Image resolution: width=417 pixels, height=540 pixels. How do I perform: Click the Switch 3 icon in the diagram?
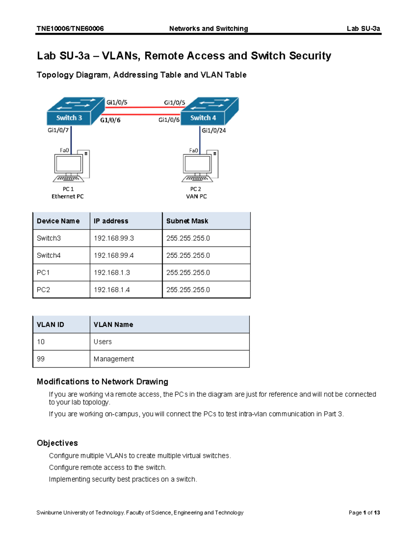point(75,111)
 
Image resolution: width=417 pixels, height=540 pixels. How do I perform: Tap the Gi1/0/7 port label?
point(58,130)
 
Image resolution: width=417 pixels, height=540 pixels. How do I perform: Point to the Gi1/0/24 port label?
point(214,130)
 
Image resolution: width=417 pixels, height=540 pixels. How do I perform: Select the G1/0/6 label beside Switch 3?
point(110,120)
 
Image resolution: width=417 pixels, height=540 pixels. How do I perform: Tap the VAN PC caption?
point(196,196)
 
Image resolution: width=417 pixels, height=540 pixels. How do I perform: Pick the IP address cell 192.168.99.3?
point(114,238)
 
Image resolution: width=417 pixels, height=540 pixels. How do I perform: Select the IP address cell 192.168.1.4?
point(112,290)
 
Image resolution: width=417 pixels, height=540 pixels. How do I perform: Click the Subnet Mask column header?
point(187,221)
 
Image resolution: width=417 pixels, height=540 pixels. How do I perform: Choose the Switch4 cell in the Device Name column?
point(49,255)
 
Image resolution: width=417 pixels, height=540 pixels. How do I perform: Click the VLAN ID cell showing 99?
point(41,359)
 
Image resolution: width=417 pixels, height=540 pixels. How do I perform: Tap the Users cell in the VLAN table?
point(103,342)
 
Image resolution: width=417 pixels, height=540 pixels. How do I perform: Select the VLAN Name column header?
point(113,324)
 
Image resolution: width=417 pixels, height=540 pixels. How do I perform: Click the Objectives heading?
point(57,443)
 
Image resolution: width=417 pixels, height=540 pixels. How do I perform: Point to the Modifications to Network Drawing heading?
point(102,382)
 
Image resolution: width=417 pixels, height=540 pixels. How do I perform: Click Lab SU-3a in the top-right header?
point(363,29)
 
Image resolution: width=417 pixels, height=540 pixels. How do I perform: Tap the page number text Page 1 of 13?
point(364,513)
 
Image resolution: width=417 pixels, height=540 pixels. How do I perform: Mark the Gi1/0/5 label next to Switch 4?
point(174,103)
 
